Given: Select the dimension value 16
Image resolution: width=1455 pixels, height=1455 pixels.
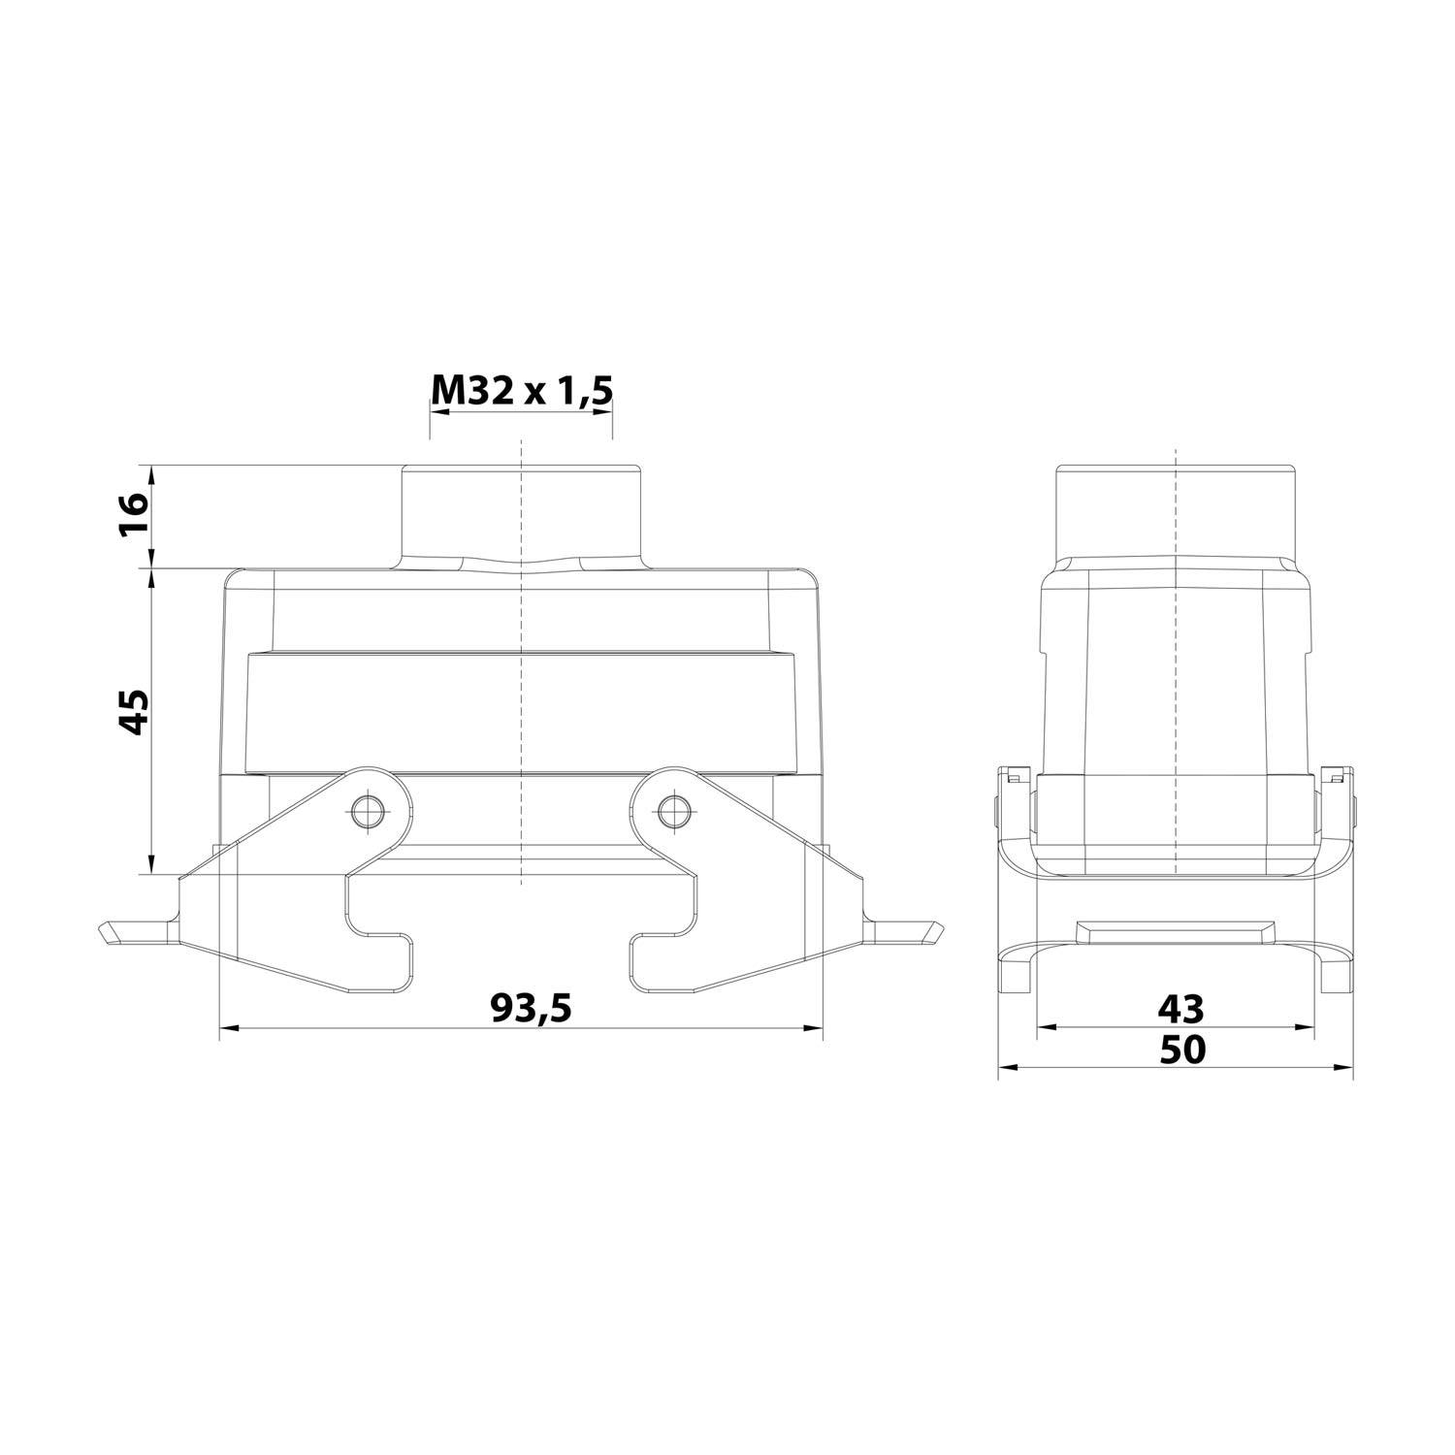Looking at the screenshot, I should (x=133, y=515).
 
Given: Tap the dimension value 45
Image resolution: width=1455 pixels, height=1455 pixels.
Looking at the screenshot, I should (x=133, y=712).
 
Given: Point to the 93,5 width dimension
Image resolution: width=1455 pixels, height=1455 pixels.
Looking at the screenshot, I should (x=531, y=1009).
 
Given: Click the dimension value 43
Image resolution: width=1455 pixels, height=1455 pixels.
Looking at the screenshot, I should (x=1180, y=1010).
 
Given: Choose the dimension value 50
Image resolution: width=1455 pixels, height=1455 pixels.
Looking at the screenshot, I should (x=1180, y=1049).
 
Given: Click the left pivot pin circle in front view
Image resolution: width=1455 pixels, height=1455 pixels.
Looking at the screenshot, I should (x=367, y=811).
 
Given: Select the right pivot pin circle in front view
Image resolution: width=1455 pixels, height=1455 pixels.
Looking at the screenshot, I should (x=670, y=811).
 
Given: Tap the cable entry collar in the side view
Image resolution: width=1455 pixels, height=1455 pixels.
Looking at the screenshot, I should (x=1176, y=512).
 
